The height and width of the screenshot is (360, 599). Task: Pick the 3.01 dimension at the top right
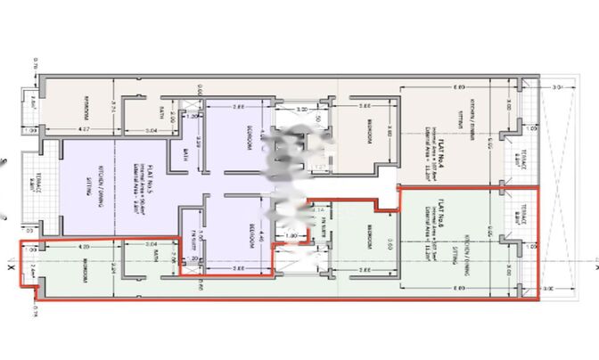[558, 86]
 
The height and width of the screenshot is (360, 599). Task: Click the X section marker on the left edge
[11, 266]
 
